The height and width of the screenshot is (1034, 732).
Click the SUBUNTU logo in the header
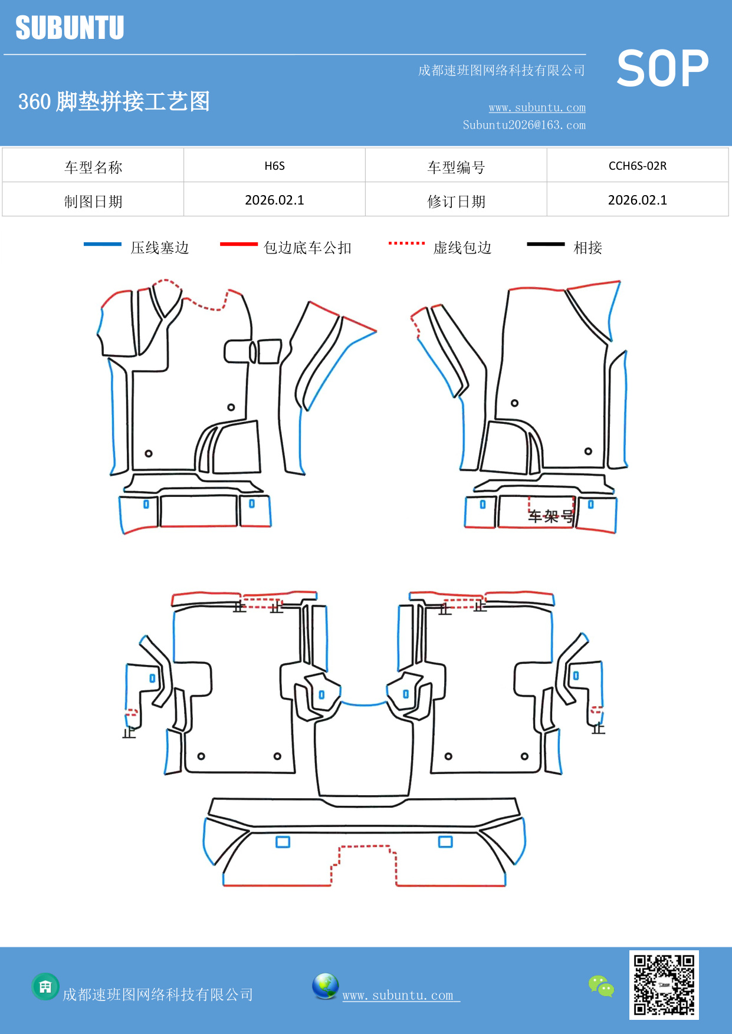pos(70,28)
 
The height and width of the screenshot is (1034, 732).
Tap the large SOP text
pos(662,68)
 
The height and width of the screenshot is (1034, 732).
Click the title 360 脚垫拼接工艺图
pos(114,101)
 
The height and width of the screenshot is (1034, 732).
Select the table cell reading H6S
pos(274,166)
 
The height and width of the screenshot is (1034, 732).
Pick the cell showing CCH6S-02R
pos(637,166)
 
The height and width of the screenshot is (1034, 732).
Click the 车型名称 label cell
pos(93,167)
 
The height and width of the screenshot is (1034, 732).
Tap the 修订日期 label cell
pos(456,202)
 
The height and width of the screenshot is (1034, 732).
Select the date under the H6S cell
pos(274,200)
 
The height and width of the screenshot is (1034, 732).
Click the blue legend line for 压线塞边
pos(103,244)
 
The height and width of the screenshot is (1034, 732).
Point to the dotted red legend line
pos(406,243)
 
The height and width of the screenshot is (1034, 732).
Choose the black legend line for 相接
pos(546,244)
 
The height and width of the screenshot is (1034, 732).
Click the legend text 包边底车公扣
pos(307,248)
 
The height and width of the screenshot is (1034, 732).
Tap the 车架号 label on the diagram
pos(550,516)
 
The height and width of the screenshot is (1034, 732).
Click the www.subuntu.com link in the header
pos(537,107)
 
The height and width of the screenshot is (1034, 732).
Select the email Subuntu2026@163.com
pos(524,125)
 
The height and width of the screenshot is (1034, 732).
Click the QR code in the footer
pos(664,984)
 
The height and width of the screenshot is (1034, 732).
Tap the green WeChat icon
pos(601,986)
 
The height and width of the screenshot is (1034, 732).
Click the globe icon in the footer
pos(325,986)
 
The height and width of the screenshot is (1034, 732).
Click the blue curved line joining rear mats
pos(364,704)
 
